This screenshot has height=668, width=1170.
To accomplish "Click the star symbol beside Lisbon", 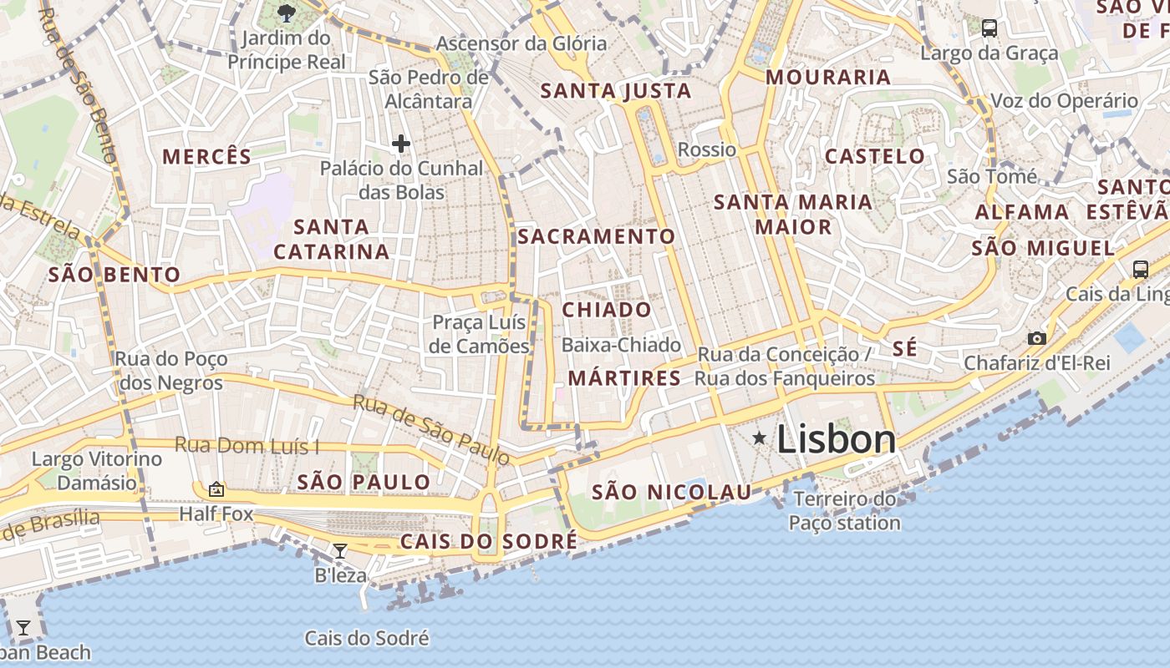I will tap(759, 438).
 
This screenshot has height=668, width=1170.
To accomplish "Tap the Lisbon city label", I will tap(837, 439).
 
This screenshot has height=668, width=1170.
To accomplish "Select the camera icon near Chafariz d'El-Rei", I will tap(1037, 338).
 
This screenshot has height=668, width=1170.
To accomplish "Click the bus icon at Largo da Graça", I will tap(989, 28).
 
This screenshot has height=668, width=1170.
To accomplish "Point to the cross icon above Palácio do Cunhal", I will tap(401, 144).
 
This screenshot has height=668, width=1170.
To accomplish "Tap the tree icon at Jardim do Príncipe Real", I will tap(287, 13).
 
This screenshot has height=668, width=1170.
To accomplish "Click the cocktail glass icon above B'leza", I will tap(339, 550).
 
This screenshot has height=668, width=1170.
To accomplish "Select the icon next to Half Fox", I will tap(216, 489).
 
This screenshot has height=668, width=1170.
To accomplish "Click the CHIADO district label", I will tap(607, 310).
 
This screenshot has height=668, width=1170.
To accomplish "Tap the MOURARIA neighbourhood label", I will tap(828, 77).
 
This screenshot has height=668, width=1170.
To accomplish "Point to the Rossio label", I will tap(707, 149).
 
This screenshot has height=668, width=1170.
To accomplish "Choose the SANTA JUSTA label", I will tap(616, 91).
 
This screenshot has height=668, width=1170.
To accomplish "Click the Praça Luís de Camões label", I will tap(480, 334).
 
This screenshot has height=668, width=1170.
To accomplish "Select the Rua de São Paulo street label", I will tap(430, 429).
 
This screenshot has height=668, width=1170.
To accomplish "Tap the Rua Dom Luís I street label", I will tap(247, 445).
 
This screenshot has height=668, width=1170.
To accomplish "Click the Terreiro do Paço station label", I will tap(845, 511).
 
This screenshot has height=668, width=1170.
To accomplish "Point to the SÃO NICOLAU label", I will tap(672, 493).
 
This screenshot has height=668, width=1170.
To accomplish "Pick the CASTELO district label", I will tap(875, 156).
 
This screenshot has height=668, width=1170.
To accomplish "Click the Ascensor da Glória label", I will tap(521, 43).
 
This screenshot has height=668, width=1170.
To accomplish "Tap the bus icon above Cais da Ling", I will tap(1141, 269).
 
